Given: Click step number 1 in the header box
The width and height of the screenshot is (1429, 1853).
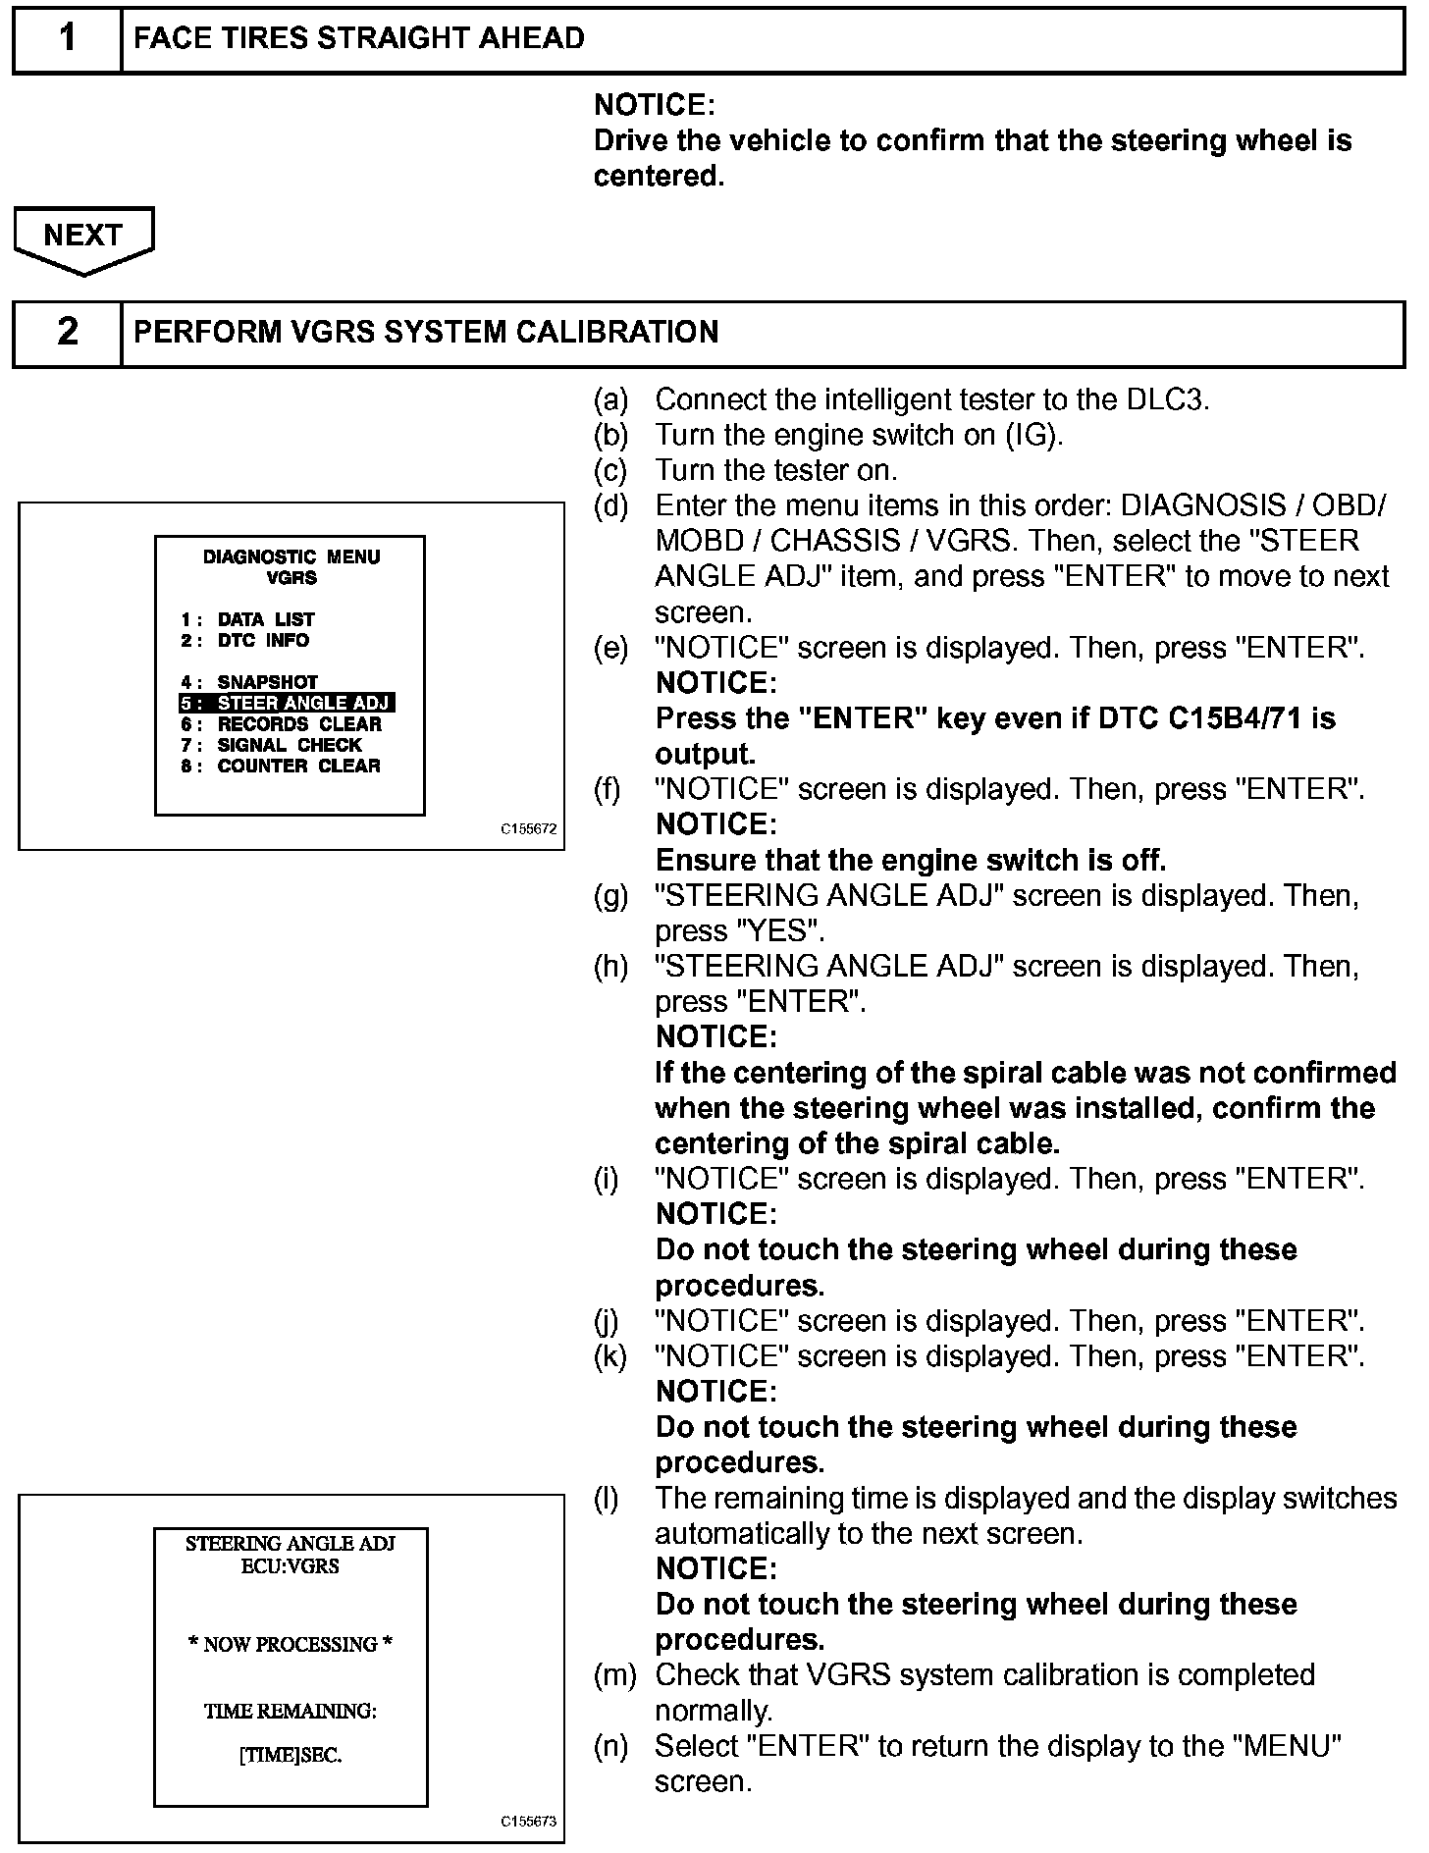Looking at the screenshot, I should pos(67,38).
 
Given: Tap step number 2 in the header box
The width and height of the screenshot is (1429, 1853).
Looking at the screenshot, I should pos(67,332).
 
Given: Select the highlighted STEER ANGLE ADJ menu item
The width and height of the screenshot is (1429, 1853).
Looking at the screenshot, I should pos(287,703).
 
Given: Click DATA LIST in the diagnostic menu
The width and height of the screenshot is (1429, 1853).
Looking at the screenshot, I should pos(265,619).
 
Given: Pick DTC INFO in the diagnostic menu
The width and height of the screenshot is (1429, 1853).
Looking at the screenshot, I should pos(263,640).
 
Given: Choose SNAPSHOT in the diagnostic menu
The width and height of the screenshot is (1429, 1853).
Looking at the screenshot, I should pos(267,681).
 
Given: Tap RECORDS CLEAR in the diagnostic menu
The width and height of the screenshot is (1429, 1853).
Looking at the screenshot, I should pos(298,724).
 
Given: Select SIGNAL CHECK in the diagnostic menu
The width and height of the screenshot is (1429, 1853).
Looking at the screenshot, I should pos(289,745).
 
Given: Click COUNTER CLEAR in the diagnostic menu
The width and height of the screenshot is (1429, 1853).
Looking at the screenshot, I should pos(298,766).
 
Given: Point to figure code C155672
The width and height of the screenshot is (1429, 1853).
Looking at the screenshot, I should pos(528,828).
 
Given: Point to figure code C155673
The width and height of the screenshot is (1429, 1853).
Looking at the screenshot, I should pos(528,1822).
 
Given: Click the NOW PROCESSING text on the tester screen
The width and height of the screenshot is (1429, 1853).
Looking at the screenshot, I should pos(291,1644).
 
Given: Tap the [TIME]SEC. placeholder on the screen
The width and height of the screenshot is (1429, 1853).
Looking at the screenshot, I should pos(291,1756).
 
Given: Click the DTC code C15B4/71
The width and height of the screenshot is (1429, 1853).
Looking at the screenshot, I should pos(1239,718).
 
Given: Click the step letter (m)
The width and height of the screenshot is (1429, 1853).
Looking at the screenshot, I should pos(614,1675).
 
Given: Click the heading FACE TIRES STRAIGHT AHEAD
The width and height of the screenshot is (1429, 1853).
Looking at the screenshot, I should pos(359,38).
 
